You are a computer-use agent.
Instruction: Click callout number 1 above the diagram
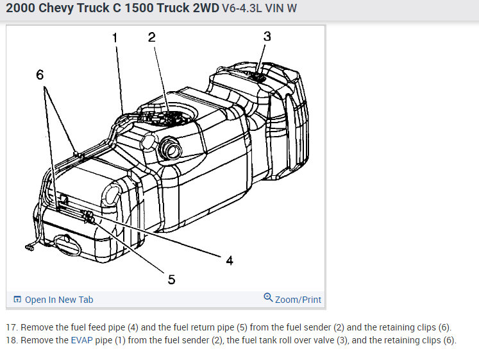click(x=115, y=38)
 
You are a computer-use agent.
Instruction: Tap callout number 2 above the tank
click(x=152, y=37)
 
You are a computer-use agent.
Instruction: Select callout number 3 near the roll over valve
click(x=267, y=37)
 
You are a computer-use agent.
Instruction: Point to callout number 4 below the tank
click(x=230, y=261)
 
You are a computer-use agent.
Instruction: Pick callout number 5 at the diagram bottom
click(x=171, y=279)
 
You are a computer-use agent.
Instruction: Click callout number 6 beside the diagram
click(x=40, y=75)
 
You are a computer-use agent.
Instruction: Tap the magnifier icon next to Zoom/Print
click(x=268, y=297)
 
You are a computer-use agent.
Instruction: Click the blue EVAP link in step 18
click(x=81, y=340)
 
